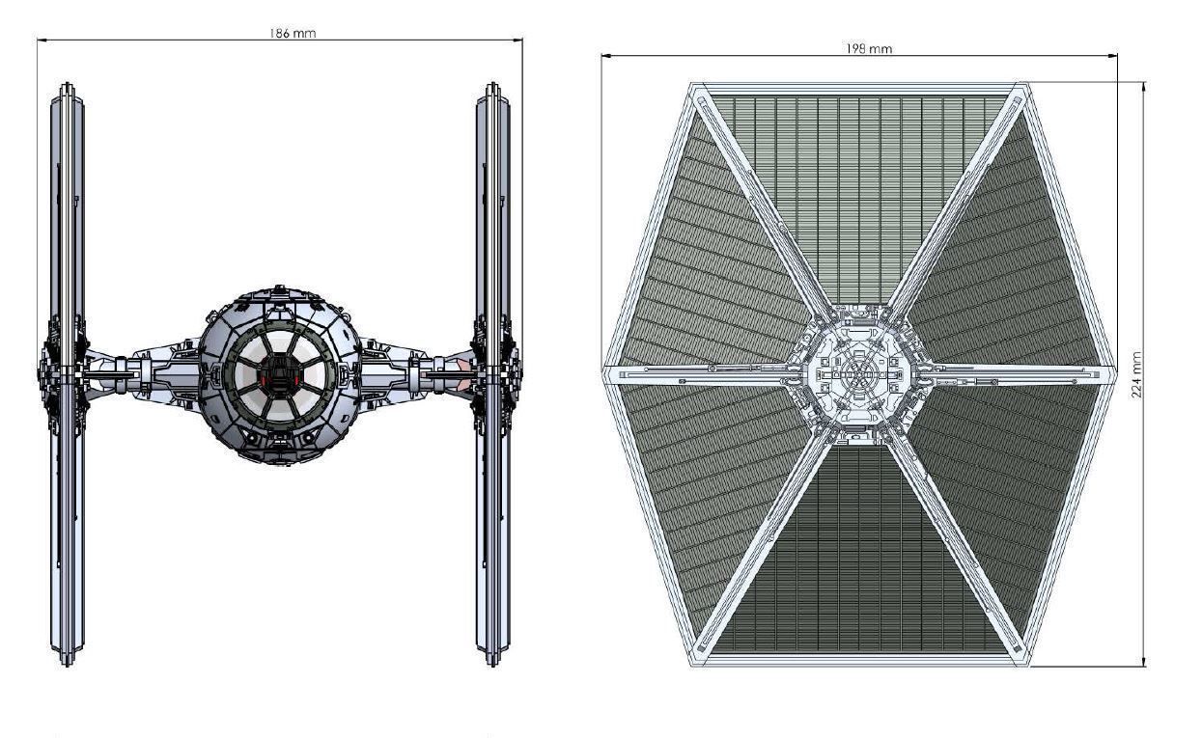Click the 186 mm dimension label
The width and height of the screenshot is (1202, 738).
tap(292, 33)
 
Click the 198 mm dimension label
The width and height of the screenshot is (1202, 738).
tap(868, 49)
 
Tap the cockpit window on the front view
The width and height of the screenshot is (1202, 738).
tap(279, 374)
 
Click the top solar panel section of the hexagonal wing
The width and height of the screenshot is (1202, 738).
tap(858, 193)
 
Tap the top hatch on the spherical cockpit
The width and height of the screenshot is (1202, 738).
tap(279, 289)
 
